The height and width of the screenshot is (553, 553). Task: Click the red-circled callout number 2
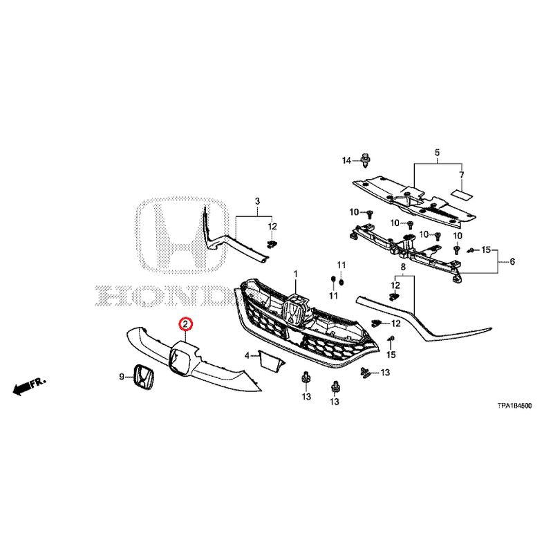pyautogui.click(x=185, y=324)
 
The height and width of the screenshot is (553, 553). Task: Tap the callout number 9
pyautogui.click(x=122, y=377)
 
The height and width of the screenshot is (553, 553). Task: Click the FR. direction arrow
pyautogui.click(x=29, y=386)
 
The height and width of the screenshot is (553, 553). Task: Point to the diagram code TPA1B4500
pyautogui.click(x=514, y=406)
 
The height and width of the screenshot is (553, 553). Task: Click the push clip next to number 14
pyautogui.click(x=366, y=161)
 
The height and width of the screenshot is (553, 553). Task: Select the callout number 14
pyautogui.click(x=347, y=161)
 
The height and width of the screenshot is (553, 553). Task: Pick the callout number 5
pyautogui.click(x=437, y=153)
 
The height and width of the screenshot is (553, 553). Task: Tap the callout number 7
pyautogui.click(x=461, y=175)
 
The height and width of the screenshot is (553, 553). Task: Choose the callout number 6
pyautogui.click(x=512, y=261)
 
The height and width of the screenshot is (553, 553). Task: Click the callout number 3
pyautogui.click(x=257, y=201)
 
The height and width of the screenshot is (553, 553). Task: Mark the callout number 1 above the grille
pyautogui.click(x=296, y=274)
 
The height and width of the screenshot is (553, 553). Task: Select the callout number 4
pyautogui.click(x=247, y=355)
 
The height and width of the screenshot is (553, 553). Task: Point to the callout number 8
pyautogui.click(x=403, y=267)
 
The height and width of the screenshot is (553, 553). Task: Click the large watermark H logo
pyautogui.click(x=182, y=235)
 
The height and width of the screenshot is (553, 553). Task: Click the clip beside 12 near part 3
pyautogui.click(x=271, y=244)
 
